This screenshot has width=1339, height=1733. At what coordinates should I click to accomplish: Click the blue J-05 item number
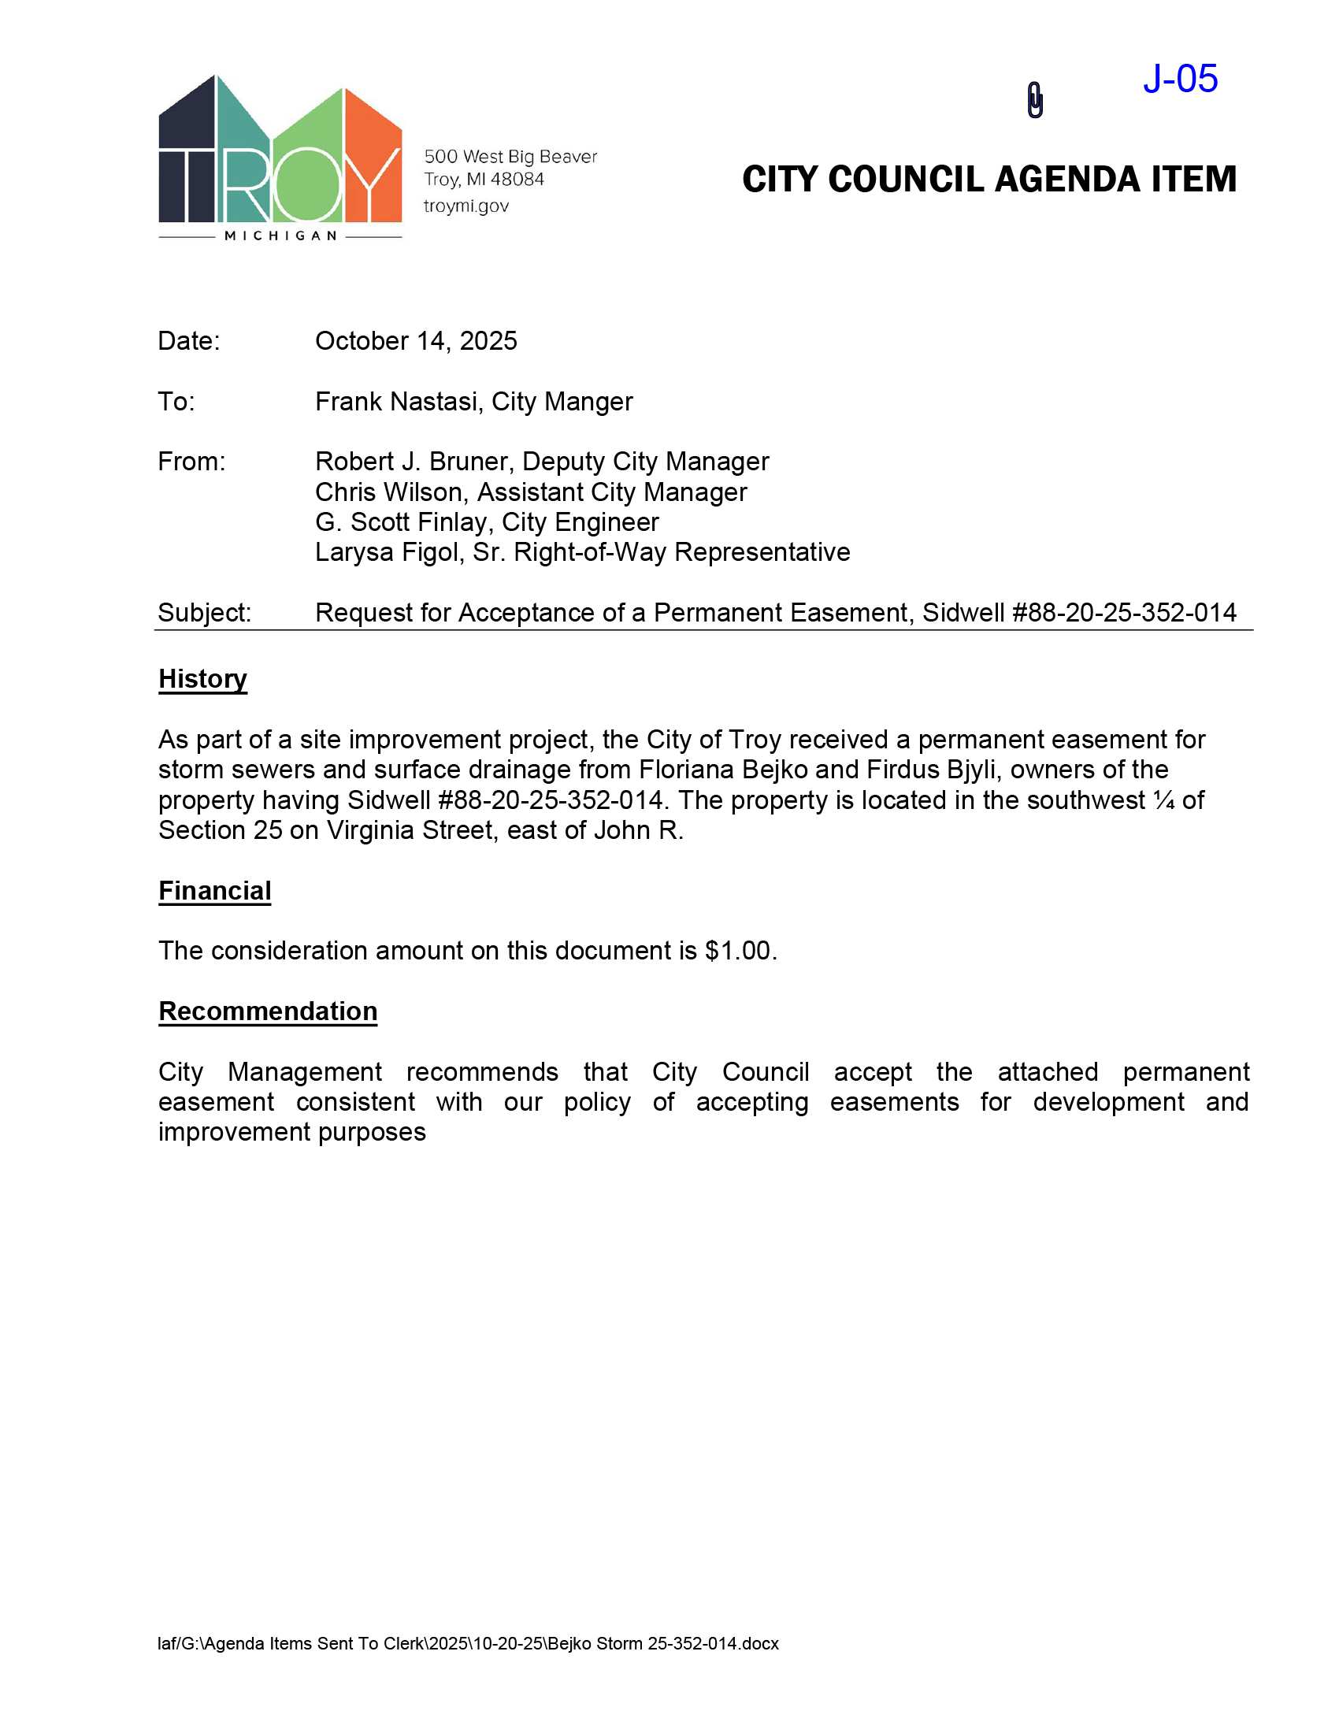[1180, 80]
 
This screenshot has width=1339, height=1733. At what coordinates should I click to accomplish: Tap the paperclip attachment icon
[1034, 101]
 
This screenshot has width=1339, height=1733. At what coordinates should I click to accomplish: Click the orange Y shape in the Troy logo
[372, 158]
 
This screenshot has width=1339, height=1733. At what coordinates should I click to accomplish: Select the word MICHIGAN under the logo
[281, 236]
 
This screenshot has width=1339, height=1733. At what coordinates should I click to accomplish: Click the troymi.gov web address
[465, 206]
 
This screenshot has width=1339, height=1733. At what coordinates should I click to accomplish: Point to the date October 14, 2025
[416, 341]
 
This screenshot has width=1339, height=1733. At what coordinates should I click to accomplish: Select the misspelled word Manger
[588, 402]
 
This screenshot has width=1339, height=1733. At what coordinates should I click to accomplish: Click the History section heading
[202, 679]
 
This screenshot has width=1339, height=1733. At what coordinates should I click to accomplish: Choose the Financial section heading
[214, 891]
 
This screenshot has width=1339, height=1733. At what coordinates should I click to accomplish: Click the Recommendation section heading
[267, 1011]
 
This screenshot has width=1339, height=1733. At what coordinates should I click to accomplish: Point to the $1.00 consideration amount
[738, 951]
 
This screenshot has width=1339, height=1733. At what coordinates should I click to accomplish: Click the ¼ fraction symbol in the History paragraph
[1163, 800]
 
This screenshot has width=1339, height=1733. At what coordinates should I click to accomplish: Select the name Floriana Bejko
[722, 770]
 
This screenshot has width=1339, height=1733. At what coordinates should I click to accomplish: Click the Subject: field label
[204, 613]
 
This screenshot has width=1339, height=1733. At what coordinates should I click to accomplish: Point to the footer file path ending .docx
[468, 1643]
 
